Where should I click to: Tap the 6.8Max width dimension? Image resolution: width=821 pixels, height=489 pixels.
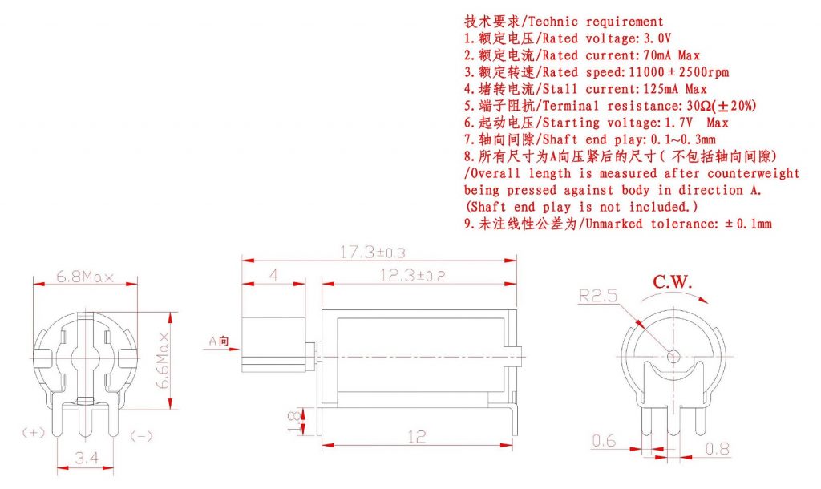[x=85, y=277]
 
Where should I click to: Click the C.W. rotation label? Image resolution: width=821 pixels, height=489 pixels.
[x=673, y=281]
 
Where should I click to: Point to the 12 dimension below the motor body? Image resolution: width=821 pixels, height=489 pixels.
[x=416, y=437]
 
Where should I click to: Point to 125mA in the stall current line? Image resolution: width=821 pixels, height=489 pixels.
[x=662, y=89]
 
